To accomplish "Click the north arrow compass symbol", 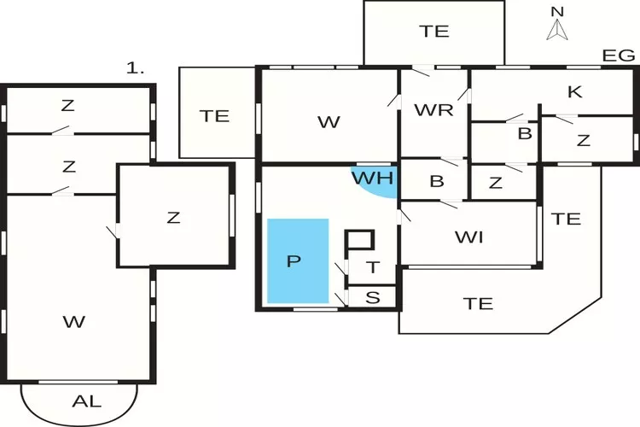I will pyautogui.click(x=557, y=27).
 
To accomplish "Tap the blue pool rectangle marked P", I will pyautogui.click(x=298, y=260).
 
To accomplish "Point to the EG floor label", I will pyautogui.click(x=618, y=56).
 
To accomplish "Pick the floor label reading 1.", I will pyautogui.click(x=135, y=69).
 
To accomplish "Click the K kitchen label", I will pyautogui.click(x=574, y=91).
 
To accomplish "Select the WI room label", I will pyautogui.click(x=469, y=237).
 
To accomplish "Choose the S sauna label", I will pyautogui.click(x=373, y=297).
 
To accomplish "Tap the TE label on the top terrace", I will pyautogui.click(x=434, y=32).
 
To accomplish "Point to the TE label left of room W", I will pyautogui.click(x=214, y=116).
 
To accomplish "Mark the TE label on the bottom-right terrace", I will pyautogui.click(x=478, y=302).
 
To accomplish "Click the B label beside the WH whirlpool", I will pyautogui.click(x=437, y=181).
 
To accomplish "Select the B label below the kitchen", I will pyautogui.click(x=525, y=133).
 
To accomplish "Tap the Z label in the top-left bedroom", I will pyautogui.click(x=68, y=106).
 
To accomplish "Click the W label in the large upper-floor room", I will pyautogui.click(x=74, y=321).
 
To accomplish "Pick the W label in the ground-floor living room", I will pyautogui.click(x=329, y=122).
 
